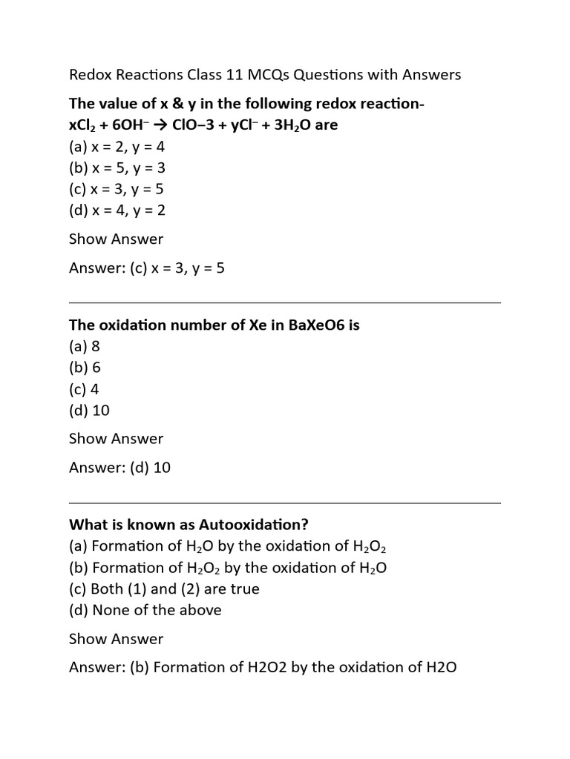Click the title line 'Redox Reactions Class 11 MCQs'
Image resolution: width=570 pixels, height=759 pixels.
click(265, 75)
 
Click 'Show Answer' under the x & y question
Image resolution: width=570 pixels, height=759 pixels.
click(116, 239)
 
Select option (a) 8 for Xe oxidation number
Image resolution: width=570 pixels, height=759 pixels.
click(84, 346)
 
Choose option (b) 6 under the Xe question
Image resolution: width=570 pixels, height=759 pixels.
click(85, 368)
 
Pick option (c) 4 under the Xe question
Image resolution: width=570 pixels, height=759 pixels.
click(84, 389)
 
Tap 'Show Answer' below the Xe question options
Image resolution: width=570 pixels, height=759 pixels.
click(116, 439)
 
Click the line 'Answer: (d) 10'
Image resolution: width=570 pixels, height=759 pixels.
click(119, 468)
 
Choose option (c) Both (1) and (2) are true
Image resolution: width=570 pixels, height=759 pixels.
click(164, 589)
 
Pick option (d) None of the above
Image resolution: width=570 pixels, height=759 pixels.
click(145, 610)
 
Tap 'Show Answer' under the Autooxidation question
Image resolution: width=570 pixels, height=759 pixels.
click(116, 639)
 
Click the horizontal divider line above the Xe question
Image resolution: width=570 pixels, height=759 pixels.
click(285, 302)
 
